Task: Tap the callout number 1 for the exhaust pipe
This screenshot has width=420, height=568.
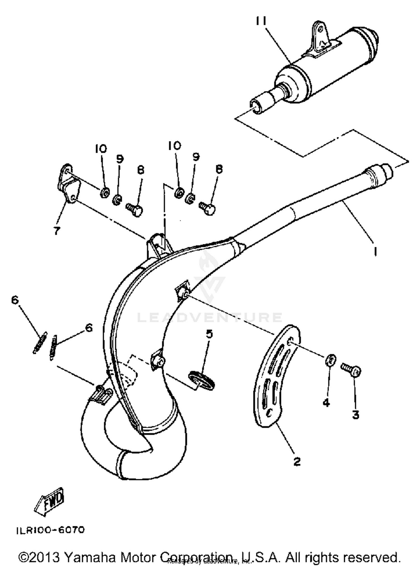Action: [375, 251]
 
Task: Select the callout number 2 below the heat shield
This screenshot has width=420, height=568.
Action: [297, 461]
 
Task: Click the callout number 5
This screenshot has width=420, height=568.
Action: [209, 334]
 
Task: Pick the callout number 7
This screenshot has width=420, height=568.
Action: [57, 231]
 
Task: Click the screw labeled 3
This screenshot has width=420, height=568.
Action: [351, 370]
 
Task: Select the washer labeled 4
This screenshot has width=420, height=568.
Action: [331, 360]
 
